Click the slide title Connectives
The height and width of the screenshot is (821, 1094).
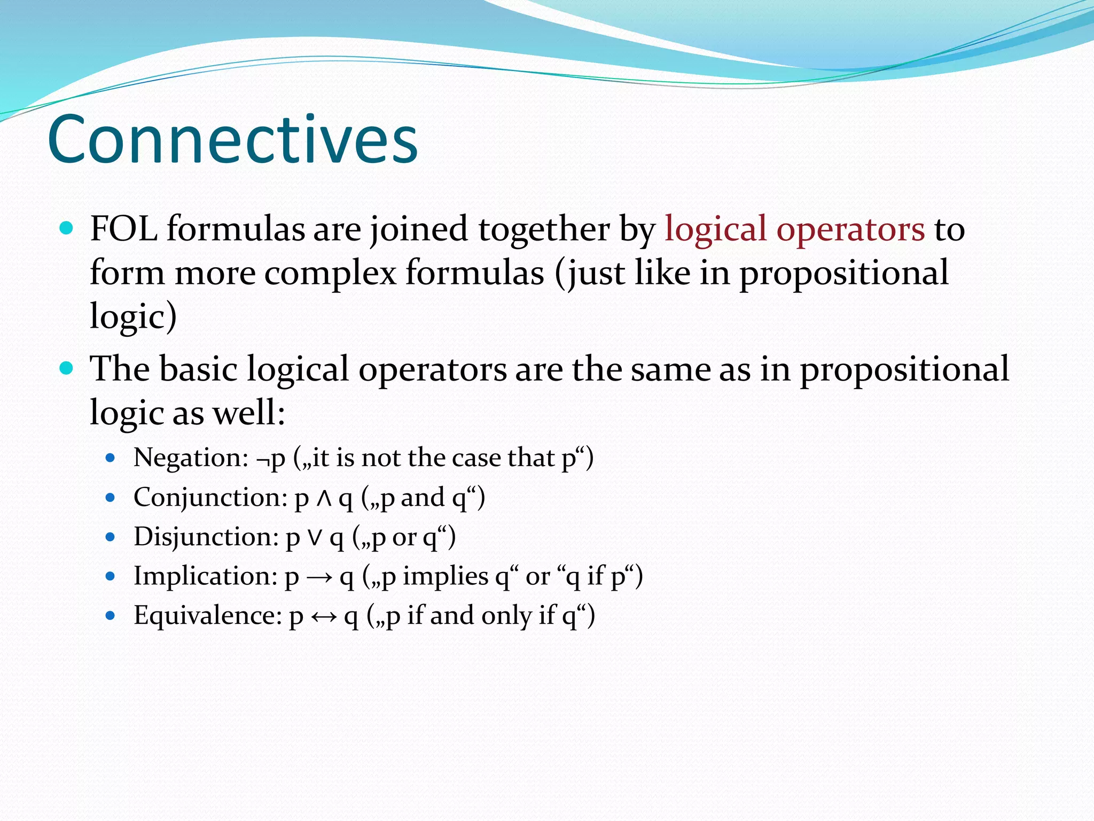[232, 140]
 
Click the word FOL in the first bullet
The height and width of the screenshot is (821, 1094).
[123, 229]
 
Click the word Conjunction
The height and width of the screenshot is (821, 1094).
[210, 498]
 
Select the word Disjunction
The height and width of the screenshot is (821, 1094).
[206, 537]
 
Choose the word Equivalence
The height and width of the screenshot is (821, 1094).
[207, 616]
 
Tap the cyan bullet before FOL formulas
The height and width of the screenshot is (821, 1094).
[66, 229]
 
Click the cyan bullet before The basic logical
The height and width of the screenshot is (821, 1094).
[66, 368]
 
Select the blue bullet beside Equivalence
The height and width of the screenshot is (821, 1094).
[111, 616]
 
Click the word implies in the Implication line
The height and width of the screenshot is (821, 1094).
[446, 576]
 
